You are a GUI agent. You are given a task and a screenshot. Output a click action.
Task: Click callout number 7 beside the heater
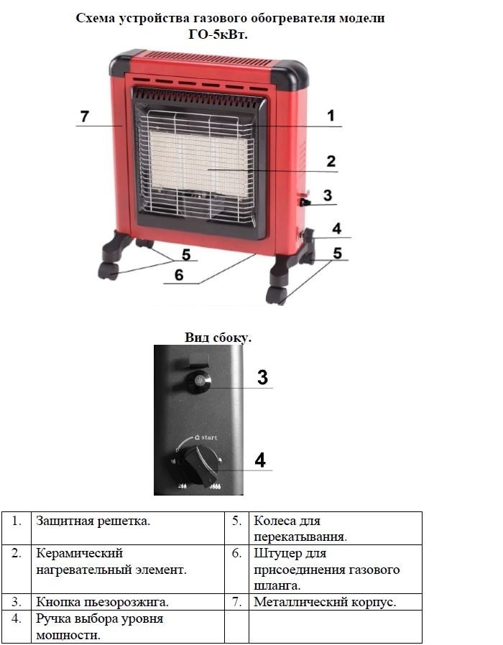tap(84, 116)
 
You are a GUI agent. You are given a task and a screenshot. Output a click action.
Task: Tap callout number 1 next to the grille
tap(331, 116)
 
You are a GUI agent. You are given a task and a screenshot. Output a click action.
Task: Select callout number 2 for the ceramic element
tap(331, 161)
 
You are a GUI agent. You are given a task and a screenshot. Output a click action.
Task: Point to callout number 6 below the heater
tap(179, 275)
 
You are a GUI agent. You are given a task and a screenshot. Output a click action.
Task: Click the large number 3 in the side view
tap(262, 377)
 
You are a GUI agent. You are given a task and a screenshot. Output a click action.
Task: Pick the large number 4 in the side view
tap(260, 460)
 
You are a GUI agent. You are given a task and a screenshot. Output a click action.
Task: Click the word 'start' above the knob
tap(209, 437)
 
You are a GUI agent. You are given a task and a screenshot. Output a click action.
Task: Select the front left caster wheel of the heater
tap(109, 271)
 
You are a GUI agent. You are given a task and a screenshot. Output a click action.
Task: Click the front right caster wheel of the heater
tap(276, 296)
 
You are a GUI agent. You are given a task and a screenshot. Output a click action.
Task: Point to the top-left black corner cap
tap(126, 62)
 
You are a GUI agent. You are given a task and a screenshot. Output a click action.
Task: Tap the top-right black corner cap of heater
tap(290, 75)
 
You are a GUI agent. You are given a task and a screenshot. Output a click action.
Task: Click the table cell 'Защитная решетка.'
tap(93, 521)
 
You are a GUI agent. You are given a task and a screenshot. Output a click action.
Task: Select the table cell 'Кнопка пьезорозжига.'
tap(103, 602)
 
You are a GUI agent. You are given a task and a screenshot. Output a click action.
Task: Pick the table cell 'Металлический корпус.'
tap(325, 602)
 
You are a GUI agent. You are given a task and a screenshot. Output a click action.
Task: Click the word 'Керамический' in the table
tap(80, 554)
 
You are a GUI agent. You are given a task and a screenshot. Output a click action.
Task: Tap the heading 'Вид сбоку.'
tap(218, 338)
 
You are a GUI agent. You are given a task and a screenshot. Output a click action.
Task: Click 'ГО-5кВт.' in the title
tap(218, 35)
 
